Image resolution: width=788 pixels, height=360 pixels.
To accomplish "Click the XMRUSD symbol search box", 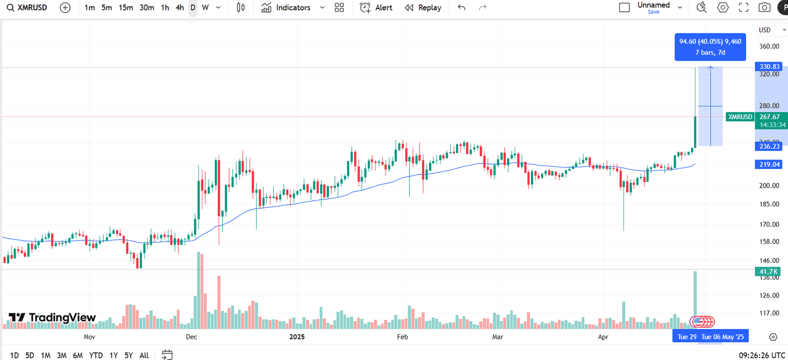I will click(28, 8).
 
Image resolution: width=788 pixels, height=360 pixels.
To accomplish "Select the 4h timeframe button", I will click(180, 8).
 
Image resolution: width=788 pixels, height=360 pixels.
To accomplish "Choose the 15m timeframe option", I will click(126, 8).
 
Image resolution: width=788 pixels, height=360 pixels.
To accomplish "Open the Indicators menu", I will click(287, 8).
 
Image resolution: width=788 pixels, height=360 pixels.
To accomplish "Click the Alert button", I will click(376, 8).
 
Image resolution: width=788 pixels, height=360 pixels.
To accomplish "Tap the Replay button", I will click(423, 8).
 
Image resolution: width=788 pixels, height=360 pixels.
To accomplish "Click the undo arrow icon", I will click(461, 8).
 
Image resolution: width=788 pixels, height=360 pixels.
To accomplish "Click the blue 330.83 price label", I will click(769, 66).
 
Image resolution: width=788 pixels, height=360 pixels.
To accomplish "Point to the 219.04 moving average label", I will click(769, 164).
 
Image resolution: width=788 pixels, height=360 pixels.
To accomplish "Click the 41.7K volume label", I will click(768, 272).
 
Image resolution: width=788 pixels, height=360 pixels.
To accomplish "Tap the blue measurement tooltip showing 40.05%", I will click(710, 47).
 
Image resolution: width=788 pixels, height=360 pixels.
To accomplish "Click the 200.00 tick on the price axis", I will click(769, 186).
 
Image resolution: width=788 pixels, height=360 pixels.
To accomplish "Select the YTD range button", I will click(96, 355).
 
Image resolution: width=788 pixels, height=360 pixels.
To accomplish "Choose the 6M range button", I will click(78, 355).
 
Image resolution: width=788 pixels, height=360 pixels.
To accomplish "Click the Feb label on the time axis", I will click(402, 337).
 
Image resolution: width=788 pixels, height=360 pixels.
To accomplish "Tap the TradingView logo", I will click(52, 318).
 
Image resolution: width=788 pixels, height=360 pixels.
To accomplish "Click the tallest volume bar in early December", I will click(199, 291).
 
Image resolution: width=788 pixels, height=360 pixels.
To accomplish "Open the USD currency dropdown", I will click(772, 30).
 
